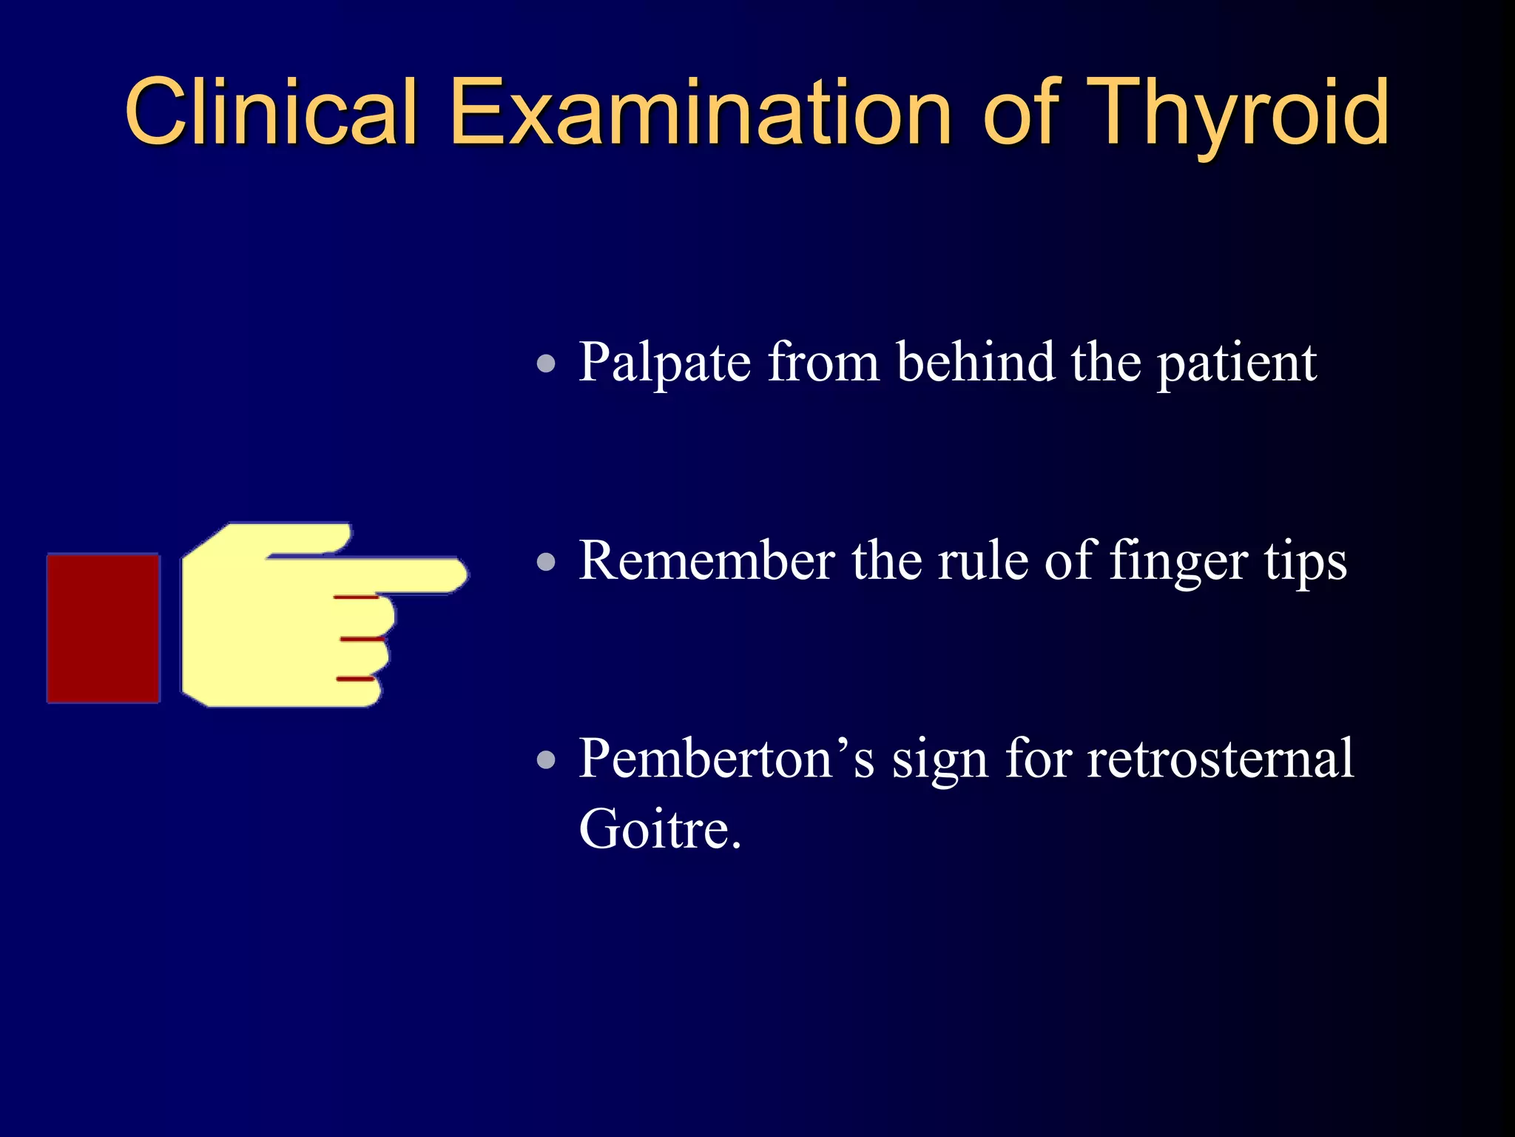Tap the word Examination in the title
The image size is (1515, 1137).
pos(700,113)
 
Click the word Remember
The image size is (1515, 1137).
pos(706,560)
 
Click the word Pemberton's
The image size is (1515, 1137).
pos(726,759)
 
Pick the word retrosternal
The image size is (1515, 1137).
pos(1220,759)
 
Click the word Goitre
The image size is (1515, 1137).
pos(658,829)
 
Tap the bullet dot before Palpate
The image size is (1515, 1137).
pos(546,363)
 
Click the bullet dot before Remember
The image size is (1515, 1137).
pos(546,562)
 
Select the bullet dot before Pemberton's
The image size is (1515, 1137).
pos(546,759)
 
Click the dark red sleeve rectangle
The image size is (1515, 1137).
pos(104,628)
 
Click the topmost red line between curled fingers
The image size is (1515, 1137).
pos(356,597)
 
